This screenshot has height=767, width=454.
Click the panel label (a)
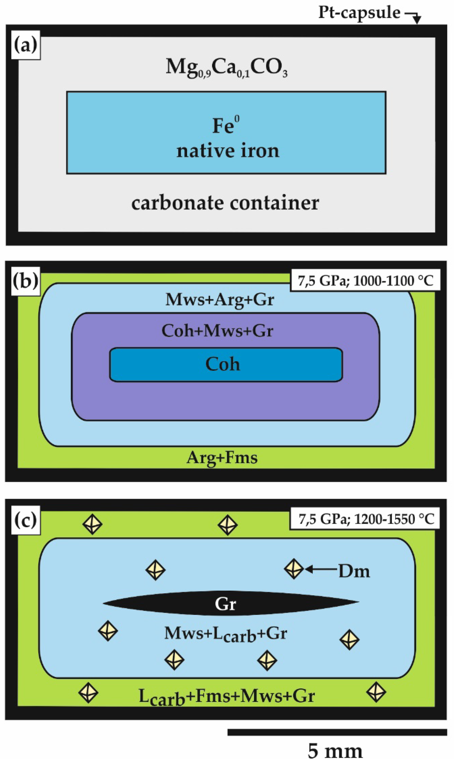tap(26, 45)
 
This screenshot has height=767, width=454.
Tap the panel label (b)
tap(26, 280)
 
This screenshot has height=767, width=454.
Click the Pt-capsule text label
tap(359, 13)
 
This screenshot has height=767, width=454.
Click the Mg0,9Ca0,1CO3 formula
tap(226, 67)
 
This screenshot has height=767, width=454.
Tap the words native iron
tap(228, 151)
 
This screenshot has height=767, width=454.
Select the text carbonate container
tap(225, 203)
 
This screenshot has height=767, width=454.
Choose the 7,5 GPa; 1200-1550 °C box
tap(365, 519)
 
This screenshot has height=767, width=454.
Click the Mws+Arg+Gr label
tap(220, 300)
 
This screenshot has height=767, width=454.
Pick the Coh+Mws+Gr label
tap(217, 331)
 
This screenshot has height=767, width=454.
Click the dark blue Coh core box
tap(226, 364)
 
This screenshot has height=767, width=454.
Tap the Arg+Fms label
tap(222, 458)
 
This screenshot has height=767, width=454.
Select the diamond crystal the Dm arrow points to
tap(294, 569)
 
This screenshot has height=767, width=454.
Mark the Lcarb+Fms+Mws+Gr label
tap(226, 696)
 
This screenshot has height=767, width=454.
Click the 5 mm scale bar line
tap(337, 732)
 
